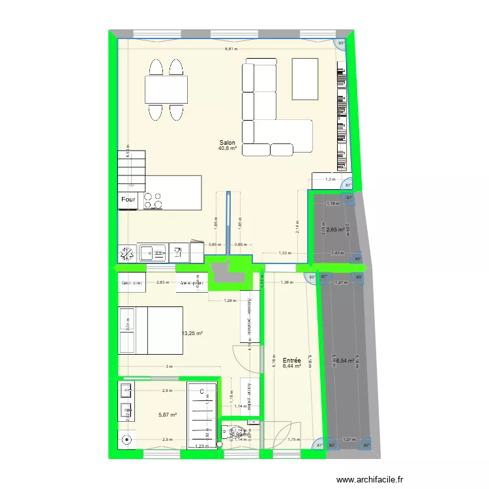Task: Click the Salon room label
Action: (228, 142)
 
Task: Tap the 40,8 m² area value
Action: (228, 148)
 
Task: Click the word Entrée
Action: (291, 360)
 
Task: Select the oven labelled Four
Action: (128, 200)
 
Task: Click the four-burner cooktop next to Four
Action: (153, 200)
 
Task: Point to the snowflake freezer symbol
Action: (127, 253)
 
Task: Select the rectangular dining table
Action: (166, 89)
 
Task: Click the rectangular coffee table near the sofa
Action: (305, 78)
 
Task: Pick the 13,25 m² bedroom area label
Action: (192, 333)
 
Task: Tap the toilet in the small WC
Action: (228, 432)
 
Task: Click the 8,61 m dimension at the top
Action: (231, 49)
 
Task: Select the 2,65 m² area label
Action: (335, 230)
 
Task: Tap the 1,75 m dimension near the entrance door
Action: (293, 439)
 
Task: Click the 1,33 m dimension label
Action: (284, 253)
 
